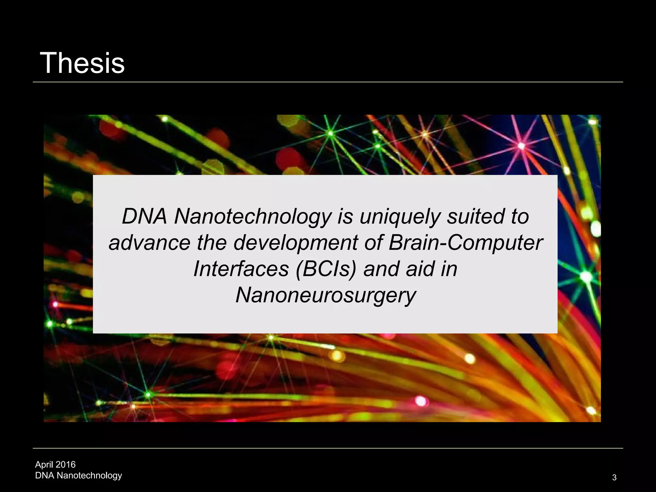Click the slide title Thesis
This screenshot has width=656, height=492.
coord(82,63)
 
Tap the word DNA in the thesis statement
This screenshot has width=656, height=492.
coord(144,217)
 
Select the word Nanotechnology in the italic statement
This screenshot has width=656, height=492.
coord(252,217)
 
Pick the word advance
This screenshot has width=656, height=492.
coord(150,243)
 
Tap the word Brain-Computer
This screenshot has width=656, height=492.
coord(465,243)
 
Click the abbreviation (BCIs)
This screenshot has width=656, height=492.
coord(326,269)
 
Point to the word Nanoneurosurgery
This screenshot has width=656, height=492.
coord(326,295)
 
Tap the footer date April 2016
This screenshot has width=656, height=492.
coord(55,464)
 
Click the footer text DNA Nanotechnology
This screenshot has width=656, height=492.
coord(78,475)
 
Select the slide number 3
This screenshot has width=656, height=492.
coord(614,478)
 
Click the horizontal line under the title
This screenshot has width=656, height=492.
coord(328,82)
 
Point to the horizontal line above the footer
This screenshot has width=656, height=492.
coord(328,448)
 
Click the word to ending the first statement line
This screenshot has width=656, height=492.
coord(520,217)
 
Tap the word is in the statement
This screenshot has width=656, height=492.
coord(345,217)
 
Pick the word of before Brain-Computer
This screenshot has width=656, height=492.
coord(373,243)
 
